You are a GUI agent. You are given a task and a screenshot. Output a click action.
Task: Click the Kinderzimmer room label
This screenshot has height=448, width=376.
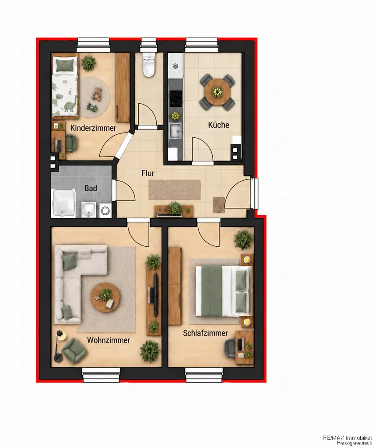pyautogui.click(x=93, y=128)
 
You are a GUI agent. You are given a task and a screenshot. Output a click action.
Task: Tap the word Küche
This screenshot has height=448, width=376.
pyautogui.click(x=219, y=125)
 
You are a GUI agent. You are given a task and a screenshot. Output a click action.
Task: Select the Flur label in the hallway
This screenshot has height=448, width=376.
pyautogui.click(x=148, y=173)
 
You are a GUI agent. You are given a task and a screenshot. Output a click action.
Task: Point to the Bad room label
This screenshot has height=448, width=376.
pyautogui.click(x=91, y=188)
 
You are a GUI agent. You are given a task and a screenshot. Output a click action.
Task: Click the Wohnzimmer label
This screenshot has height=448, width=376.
pyautogui.click(x=109, y=340)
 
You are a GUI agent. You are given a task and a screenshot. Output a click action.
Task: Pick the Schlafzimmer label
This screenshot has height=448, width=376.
pyautogui.click(x=206, y=333)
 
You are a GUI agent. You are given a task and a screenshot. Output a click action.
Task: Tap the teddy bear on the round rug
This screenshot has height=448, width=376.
pyautogui.click(x=98, y=94)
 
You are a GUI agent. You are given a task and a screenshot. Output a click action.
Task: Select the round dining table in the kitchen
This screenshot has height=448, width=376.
pyautogui.click(x=218, y=92)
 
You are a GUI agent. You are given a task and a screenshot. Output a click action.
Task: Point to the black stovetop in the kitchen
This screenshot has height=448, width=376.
pyautogui.click(x=175, y=99)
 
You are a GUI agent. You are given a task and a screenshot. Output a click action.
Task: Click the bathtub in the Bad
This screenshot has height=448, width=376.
pyautogui.click(x=64, y=203)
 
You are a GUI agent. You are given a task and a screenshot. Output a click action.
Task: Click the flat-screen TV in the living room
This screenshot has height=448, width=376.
pyautogui.click(x=155, y=294)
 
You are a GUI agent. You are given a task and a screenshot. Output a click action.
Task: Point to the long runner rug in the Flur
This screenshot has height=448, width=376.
pyautogui.click(x=174, y=190)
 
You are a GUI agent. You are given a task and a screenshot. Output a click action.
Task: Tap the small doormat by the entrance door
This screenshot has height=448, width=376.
pyautogui.click(x=219, y=205)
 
